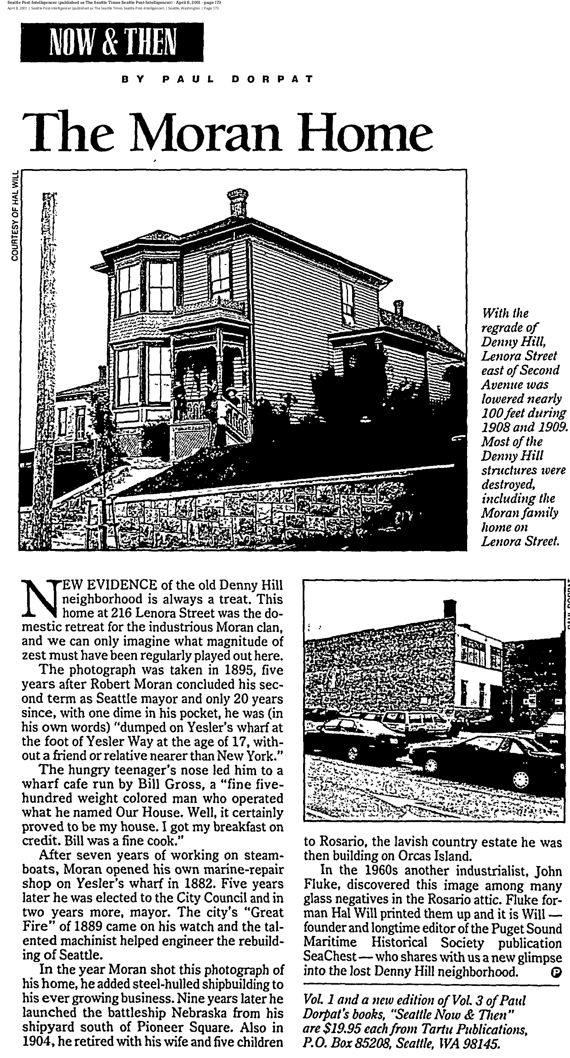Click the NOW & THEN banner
click(112, 42)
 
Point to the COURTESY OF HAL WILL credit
click(15, 215)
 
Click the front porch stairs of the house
click(236, 423)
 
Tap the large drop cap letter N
click(40, 600)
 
